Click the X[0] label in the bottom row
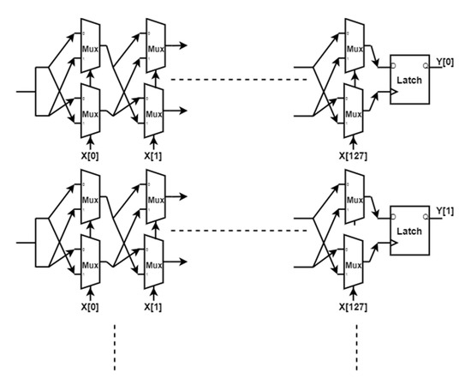89,304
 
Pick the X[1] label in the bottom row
153,304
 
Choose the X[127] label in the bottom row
351,304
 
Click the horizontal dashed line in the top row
239,80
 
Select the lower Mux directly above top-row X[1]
153,111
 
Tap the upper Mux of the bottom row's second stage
153,196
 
